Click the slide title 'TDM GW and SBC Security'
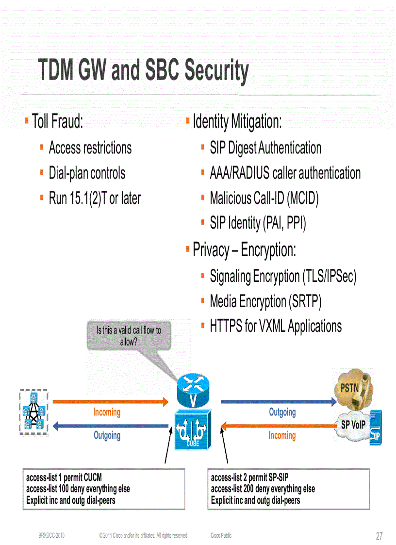[x=144, y=71]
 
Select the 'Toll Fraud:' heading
[x=57, y=121]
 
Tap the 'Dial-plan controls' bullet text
[x=87, y=173]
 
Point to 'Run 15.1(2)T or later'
[x=95, y=198]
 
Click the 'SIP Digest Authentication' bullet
[x=265, y=148]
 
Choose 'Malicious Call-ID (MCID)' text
[x=264, y=198]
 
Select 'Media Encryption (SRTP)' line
[x=265, y=301]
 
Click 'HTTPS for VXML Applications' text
[x=276, y=326]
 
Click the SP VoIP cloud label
[x=353, y=425]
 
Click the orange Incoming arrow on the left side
[x=110, y=402]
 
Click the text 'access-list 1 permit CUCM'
[x=64, y=478]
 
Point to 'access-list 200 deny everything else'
[x=263, y=489]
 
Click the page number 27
[x=379, y=536]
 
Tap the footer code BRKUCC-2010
[x=52, y=535]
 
